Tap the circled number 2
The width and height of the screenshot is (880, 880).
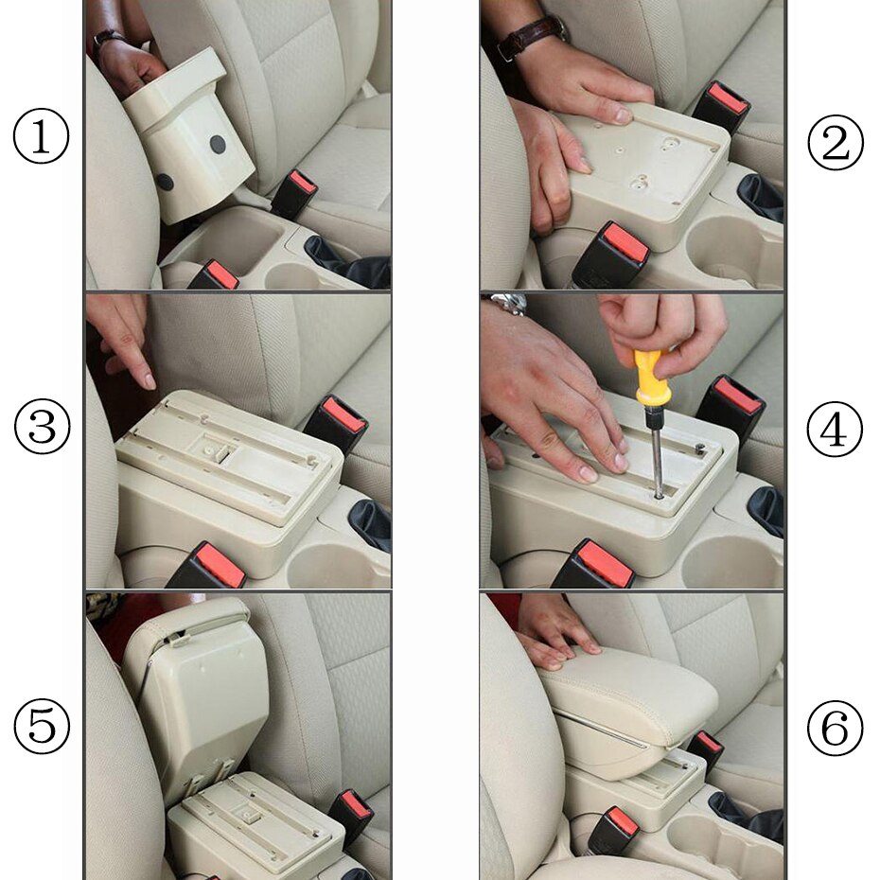pyautogui.click(x=835, y=143)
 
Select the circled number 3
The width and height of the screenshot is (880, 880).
pyautogui.click(x=42, y=427)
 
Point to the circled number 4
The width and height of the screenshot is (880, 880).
pyautogui.click(x=835, y=431)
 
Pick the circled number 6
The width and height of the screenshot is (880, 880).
pyautogui.click(x=835, y=729)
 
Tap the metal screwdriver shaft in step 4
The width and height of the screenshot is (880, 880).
pyautogui.click(x=655, y=449)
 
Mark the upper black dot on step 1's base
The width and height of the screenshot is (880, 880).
pyautogui.click(x=218, y=145)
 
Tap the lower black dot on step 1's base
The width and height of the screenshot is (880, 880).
pyautogui.click(x=166, y=182)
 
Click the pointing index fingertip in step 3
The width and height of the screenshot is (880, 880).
pyautogui.click(x=148, y=381)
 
